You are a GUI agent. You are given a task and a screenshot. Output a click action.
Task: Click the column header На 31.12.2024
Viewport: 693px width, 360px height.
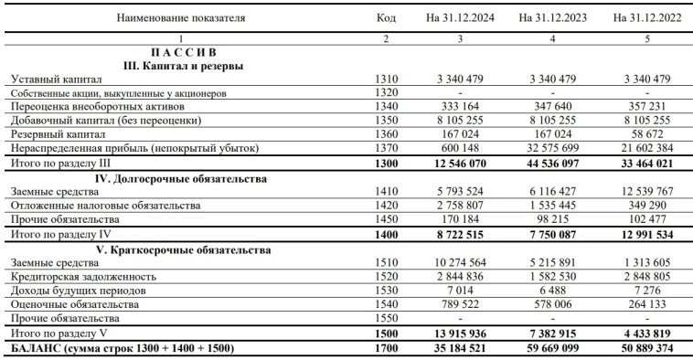point(460,17)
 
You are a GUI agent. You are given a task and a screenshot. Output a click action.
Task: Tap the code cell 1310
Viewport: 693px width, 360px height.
point(386,79)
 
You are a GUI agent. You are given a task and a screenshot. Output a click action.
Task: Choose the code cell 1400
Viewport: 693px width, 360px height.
point(386,234)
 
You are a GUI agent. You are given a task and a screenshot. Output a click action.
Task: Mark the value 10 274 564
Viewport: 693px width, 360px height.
point(463,261)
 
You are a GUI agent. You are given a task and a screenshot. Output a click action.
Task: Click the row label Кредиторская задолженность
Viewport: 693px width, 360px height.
point(80,276)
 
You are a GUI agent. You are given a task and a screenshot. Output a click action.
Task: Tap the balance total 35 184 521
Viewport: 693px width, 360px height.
point(461,347)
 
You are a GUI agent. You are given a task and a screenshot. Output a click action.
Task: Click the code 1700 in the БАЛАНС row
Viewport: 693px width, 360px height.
point(386,347)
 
